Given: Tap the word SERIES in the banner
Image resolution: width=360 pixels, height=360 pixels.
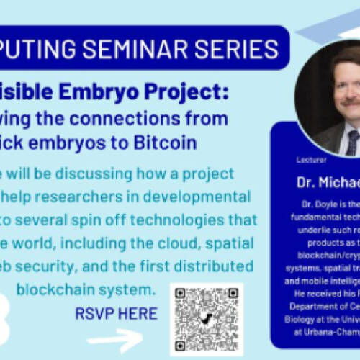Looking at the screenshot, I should point(240,48).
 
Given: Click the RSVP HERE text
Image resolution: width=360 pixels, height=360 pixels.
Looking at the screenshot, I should point(116,313).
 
